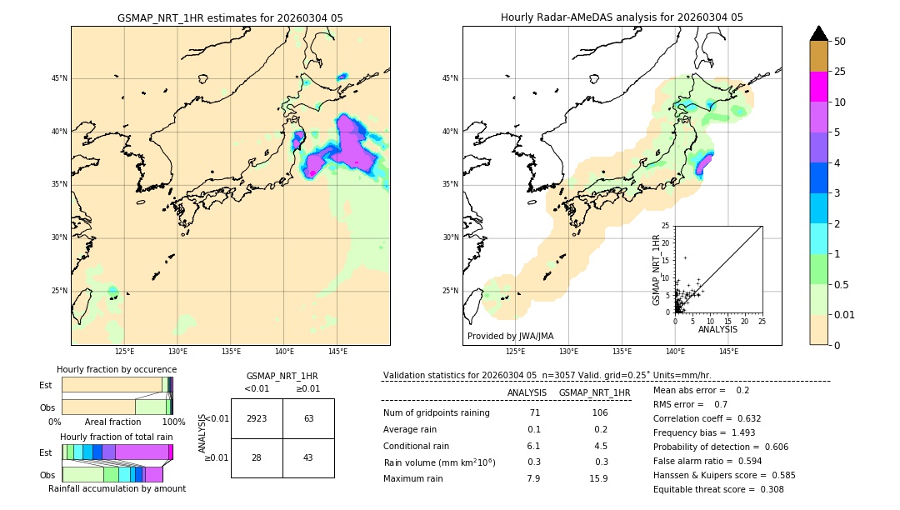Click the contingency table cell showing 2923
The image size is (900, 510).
pyautogui.click(x=257, y=418)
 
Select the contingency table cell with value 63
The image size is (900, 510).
pyautogui.click(x=308, y=418)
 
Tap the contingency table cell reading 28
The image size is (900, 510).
pyautogui.click(x=257, y=457)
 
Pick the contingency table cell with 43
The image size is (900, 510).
pyautogui.click(x=308, y=457)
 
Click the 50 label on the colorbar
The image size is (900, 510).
pyautogui.click(x=840, y=42)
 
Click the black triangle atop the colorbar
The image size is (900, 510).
pyautogui.click(x=819, y=33)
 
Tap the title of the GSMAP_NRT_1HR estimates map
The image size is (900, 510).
pyautogui.click(x=230, y=18)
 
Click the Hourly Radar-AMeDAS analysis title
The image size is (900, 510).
pyautogui.click(x=622, y=18)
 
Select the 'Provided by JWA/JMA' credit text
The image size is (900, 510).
pyautogui.click(x=510, y=337)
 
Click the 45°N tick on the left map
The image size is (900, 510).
pyautogui.click(x=59, y=78)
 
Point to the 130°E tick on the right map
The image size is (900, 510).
pyautogui.click(x=569, y=352)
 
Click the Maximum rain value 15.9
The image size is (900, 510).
pyautogui.click(x=598, y=478)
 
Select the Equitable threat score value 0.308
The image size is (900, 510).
pyautogui.click(x=767, y=489)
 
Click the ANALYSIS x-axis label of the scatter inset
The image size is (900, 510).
pyautogui.click(x=717, y=329)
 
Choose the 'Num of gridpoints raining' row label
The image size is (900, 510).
pyautogui.click(x=436, y=413)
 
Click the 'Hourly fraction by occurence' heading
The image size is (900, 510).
pyautogui.click(x=117, y=369)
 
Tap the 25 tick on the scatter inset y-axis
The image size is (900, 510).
pyautogui.click(x=666, y=226)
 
